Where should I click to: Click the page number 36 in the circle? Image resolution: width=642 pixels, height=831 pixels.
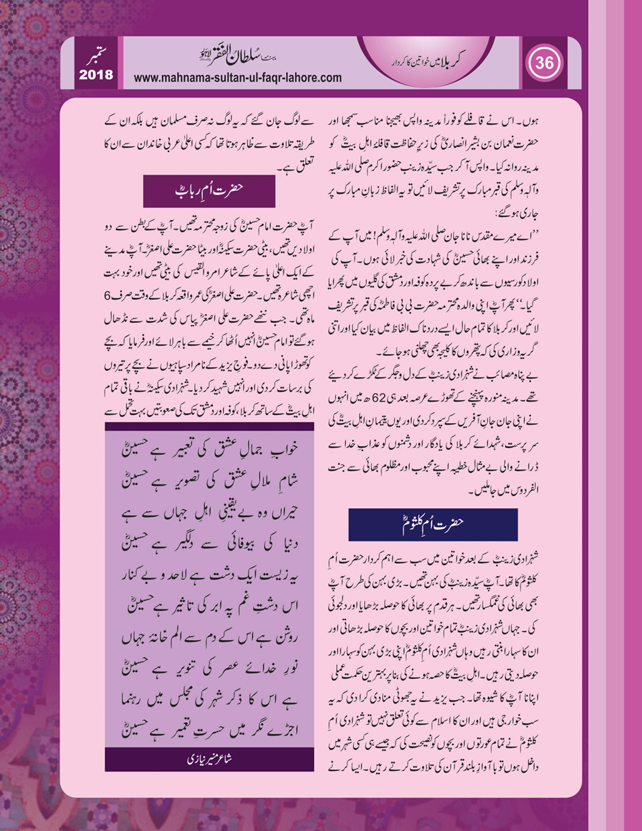pos(544,63)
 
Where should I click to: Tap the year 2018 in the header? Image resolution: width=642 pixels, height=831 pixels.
pos(96,75)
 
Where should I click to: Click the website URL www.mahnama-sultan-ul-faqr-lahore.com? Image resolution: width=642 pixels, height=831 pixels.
pos(238,78)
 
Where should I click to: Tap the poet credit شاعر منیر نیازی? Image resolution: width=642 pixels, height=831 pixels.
pos(210,759)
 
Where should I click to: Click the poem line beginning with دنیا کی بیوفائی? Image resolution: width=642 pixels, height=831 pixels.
pos(210,543)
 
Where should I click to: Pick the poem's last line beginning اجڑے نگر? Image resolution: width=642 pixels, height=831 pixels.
pos(210,730)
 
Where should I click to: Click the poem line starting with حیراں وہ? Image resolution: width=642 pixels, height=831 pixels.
pos(210,512)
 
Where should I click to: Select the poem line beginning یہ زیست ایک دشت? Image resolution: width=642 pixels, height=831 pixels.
pos(210,574)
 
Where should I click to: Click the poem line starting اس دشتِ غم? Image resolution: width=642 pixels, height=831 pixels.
pos(210,606)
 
